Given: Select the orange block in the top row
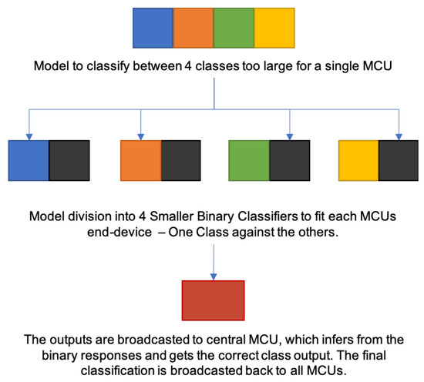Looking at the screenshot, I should tap(192, 28).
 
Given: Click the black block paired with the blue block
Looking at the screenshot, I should tap(69, 160).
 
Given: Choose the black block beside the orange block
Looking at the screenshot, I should tap(181, 160).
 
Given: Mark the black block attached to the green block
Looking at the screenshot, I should tap(291, 160).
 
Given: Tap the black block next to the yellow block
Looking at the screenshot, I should tap(399, 160).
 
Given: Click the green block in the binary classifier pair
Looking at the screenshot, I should tap(249, 160).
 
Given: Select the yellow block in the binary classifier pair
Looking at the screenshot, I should tap(358, 160).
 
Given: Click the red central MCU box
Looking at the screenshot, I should tap(213, 299).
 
